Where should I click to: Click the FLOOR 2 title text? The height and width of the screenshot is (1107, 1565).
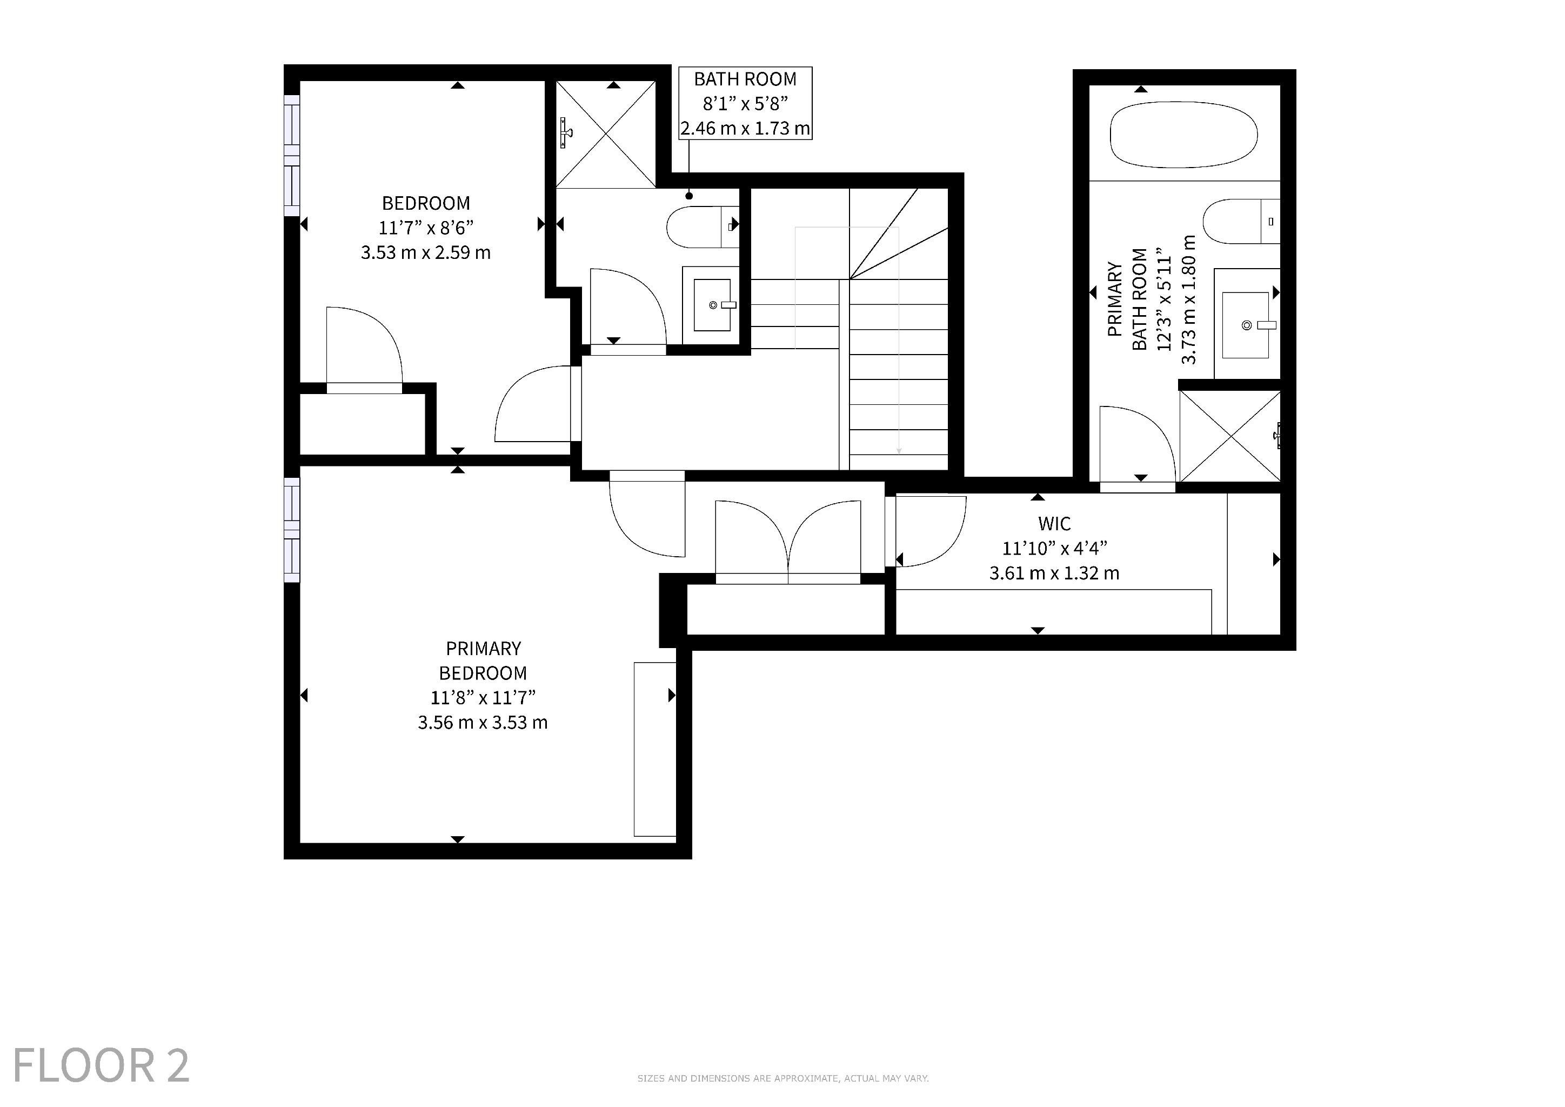tap(101, 1065)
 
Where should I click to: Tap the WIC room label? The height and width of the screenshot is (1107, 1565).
tap(1054, 524)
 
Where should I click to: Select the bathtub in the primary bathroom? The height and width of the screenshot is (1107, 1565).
tap(1184, 134)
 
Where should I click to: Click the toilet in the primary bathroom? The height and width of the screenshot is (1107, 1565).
tap(1241, 221)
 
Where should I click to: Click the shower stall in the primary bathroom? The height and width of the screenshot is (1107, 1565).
tap(1229, 436)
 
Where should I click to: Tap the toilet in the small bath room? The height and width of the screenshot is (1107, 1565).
tap(703, 227)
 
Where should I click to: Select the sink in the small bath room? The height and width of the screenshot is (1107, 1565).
tap(712, 305)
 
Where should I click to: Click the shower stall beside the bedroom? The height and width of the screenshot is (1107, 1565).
tap(606, 134)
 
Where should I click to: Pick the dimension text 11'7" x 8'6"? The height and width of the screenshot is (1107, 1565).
tap(426, 227)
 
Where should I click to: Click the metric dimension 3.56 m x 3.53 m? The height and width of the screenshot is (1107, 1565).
tap(483, 723)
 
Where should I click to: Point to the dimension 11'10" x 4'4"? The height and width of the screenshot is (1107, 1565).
tap(1054, 548)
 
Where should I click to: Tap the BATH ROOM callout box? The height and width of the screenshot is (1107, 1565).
tap(745, 103)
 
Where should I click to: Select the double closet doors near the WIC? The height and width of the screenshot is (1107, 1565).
tap(788, 542)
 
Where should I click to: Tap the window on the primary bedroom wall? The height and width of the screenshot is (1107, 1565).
tap(292, 530)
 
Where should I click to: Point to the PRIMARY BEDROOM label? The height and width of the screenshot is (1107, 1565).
tap(483, 661)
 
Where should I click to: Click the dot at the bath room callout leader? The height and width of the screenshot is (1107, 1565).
tap(689, 196)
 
